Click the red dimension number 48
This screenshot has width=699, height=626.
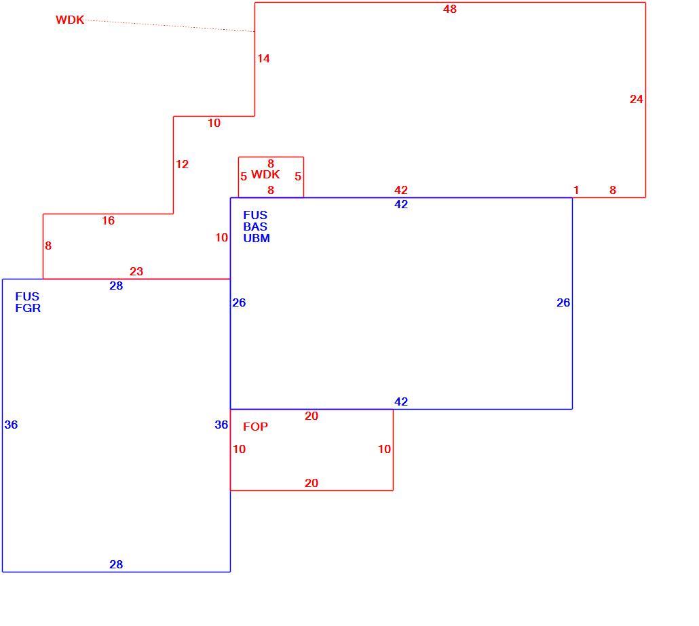tap(450, 9)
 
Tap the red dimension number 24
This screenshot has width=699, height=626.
tap(636, 99)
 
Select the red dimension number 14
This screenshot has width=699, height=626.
tap(263, 58)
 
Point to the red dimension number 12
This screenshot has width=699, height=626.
tap(182, 164)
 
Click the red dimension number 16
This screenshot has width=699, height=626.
tap(108, 220)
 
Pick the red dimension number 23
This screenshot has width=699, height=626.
tap(136, 271)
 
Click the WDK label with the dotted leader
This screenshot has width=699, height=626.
tap(70, 20)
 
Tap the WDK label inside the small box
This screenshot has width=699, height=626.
tap(266, 174)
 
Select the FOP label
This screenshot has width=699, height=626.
tap(255, 427)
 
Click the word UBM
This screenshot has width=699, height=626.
tap(257, 238)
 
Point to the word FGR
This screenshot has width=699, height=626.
tap(28, 309)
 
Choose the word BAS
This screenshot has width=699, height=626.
tap(255, 227)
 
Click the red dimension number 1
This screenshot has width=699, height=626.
tap(576, 191)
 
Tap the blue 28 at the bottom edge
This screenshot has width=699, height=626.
tap(116, 564)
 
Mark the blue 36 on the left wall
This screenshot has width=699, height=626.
tap(11, 425)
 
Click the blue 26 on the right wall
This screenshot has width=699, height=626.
tap(563, 302)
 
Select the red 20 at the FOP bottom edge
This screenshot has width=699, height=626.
tap(311, 483)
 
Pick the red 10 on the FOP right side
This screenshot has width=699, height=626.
tap(384, 449)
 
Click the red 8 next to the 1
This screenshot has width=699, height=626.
tap(613, 191)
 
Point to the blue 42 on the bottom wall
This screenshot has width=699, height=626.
tap(401, 402)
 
